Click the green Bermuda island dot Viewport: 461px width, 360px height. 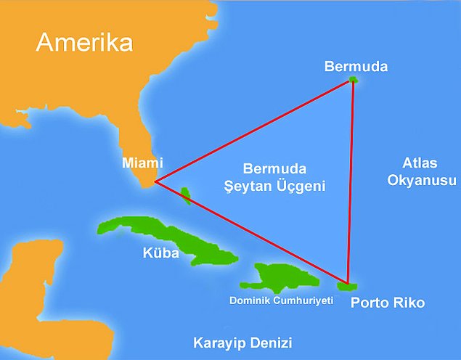[x=354, y=79]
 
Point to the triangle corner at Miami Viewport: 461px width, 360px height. [x=155, y=180]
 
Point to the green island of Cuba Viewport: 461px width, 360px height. [x=168, y=237]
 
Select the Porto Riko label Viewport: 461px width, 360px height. [x=388, y=301]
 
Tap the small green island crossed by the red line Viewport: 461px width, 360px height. [x=186, y=195]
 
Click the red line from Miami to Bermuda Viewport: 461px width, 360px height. [x=254, y=130]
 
